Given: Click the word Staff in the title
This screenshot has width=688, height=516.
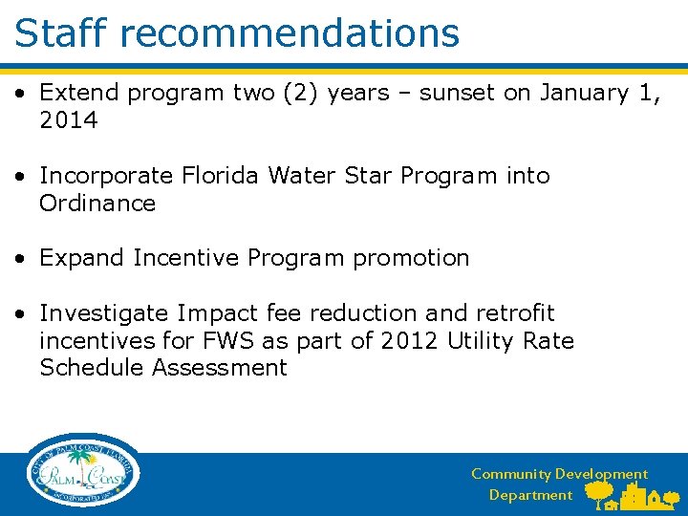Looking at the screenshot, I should (x=62, y=32).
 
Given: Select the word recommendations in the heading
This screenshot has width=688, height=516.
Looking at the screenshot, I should (x=290, y=32).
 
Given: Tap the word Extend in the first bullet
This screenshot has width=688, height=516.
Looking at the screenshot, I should (x=79, y=93).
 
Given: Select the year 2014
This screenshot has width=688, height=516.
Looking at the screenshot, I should (x=68, y=120).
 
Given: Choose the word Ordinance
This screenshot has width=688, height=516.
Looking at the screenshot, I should (x=97, y=204).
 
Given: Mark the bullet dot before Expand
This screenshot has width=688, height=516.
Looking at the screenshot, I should (x=20, y=259).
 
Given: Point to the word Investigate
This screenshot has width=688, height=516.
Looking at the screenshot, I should (x=102, y=313).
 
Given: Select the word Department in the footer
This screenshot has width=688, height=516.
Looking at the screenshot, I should (x=530, y=495).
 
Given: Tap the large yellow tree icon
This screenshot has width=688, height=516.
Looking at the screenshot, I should (x=599, y=491).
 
